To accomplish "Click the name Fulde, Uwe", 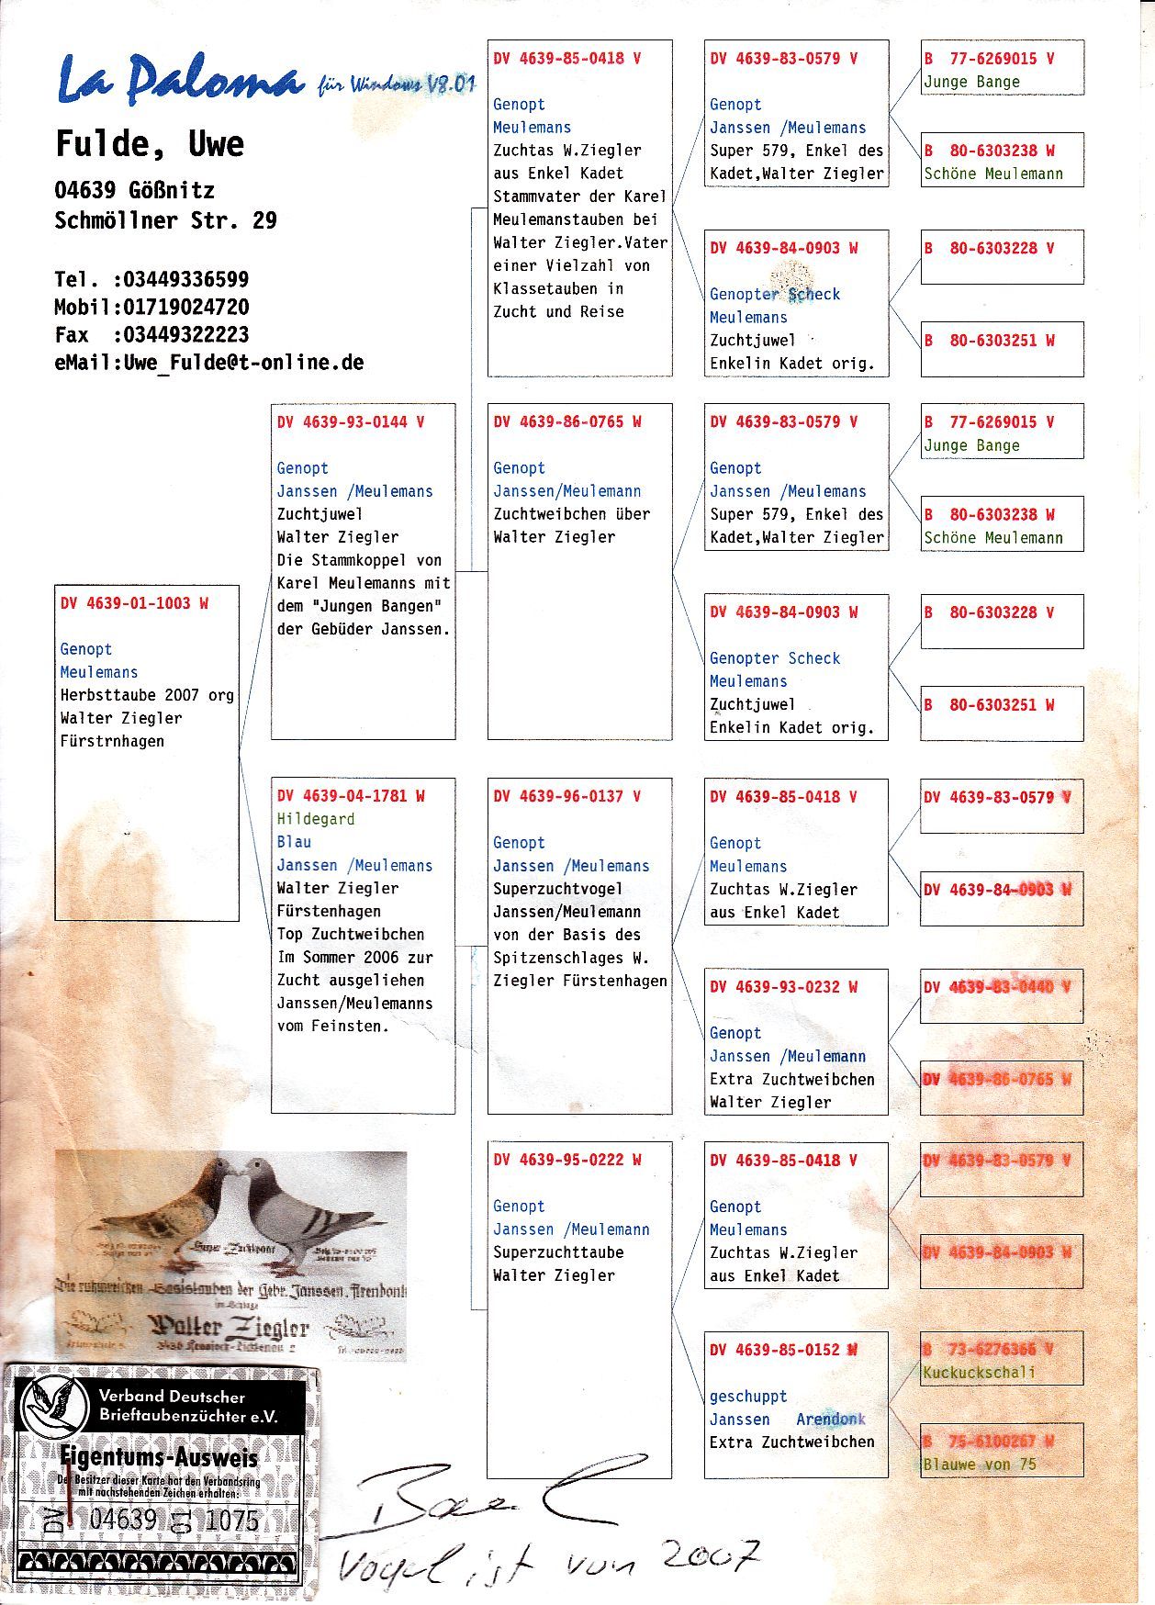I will [150, 144].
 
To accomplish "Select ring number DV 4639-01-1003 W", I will [134, 603].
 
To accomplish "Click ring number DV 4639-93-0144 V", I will [351, 422].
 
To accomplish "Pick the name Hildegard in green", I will [315, 819].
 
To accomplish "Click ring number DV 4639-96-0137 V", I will [566, 796].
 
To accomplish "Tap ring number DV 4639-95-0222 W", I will [566, 1160].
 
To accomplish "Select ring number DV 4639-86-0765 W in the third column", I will [566, 422].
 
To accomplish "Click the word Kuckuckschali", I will [979, 1373].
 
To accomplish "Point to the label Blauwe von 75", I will [979, 1465].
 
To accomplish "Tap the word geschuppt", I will [747, 1397].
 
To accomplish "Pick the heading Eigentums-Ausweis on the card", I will [158, 1457].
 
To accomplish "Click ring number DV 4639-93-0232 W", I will [783, 987].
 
